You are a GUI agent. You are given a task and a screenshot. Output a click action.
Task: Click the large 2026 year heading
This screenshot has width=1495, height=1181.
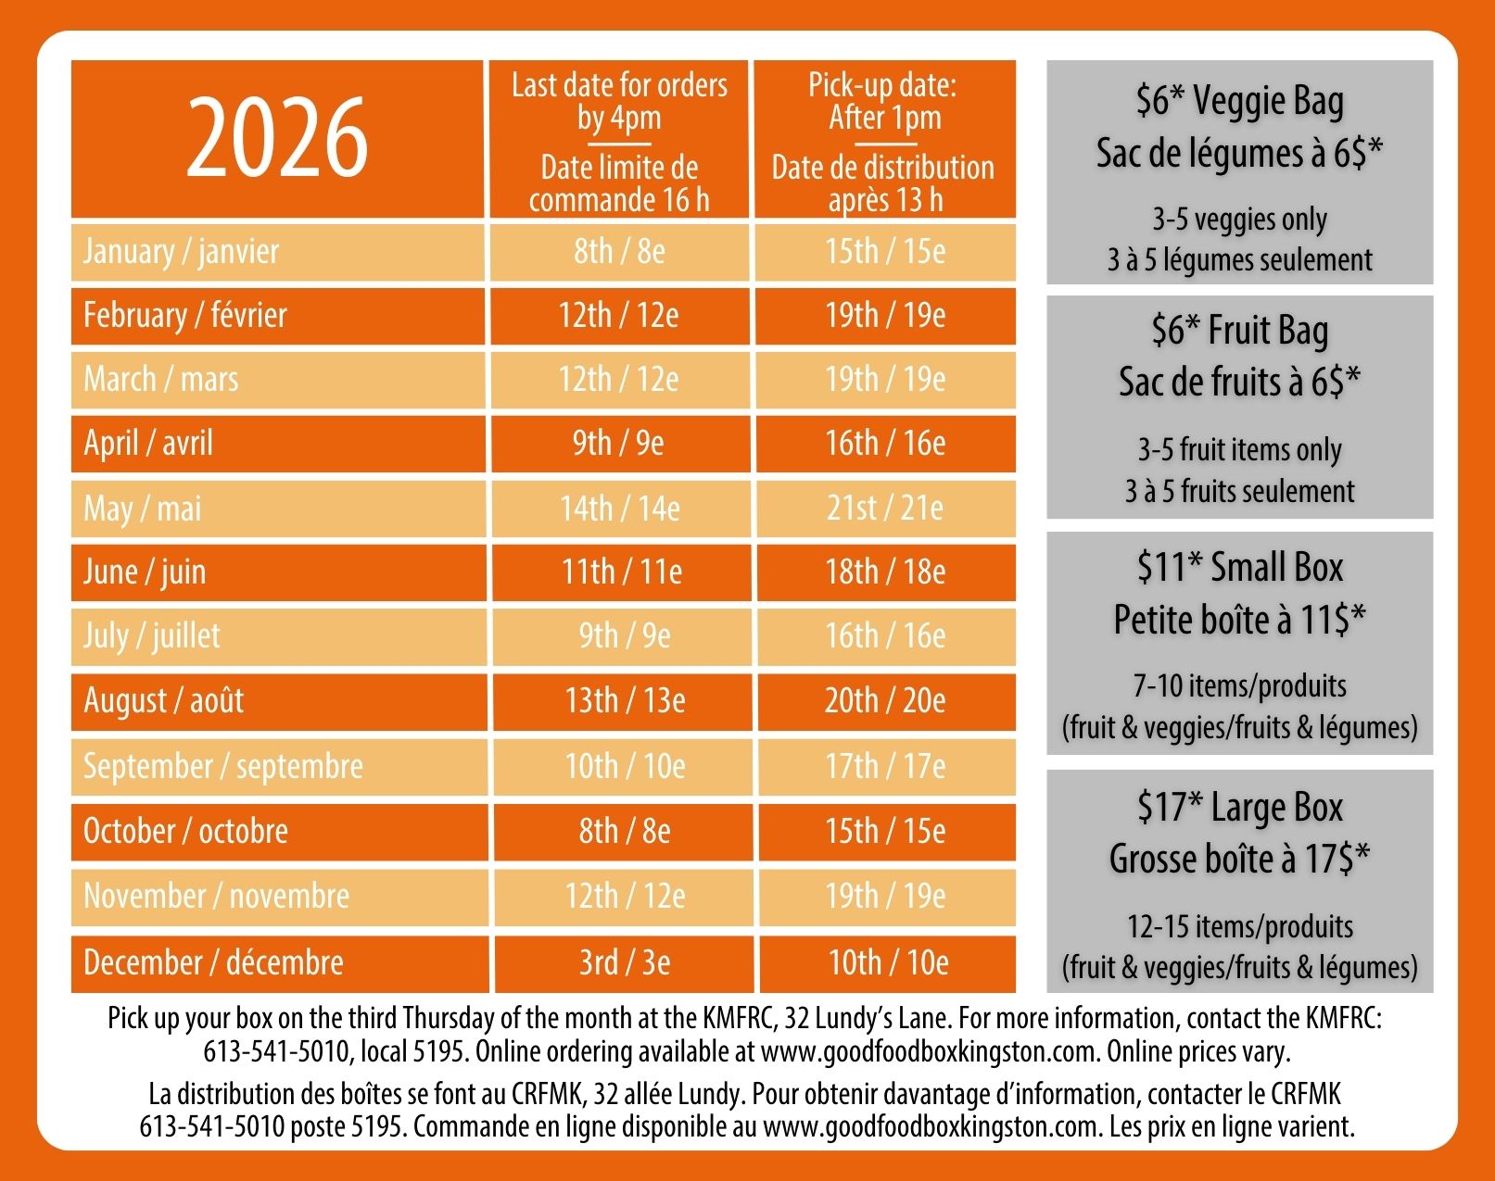click(x=277, y=138)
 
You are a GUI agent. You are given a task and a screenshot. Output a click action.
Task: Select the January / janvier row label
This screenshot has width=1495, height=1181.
click(x=181, y=252)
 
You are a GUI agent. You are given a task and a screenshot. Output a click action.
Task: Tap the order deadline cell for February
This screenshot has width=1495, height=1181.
click(x=618, y=316)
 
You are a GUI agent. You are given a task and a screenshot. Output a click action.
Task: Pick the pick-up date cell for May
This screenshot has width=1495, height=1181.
click(x=885, y=509)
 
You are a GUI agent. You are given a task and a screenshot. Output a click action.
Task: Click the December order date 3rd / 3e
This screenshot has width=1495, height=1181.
click(x=625, y=963)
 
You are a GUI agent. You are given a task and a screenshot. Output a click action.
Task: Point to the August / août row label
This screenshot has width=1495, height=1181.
click(x=164, y=701)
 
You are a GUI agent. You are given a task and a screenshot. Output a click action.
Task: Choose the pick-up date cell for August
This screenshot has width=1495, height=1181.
click(x=885, y=701)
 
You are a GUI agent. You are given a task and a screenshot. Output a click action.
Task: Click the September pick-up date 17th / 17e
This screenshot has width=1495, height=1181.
click(x=885, y=766)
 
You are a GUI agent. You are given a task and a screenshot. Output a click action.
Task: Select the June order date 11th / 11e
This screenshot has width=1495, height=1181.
click(x=622, y=572)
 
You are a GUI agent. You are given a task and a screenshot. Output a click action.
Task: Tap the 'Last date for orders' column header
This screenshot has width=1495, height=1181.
click(x=619, y=101)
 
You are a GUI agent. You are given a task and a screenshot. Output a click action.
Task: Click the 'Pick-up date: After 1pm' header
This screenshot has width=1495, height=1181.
click(x=883, y=101)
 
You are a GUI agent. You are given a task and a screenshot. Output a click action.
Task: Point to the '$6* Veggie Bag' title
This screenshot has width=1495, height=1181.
click(x=1239, y=101)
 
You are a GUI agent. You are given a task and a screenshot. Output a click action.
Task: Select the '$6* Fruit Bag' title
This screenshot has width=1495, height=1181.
click(x=1239, y=331)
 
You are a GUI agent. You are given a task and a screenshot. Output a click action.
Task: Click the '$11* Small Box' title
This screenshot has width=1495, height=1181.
click(x=1239, y=568)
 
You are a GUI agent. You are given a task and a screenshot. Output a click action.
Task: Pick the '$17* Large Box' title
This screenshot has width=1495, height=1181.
click(x=1239, y=808)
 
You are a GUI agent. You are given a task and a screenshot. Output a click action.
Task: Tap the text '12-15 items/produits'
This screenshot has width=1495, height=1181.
click(x=1239, y=926)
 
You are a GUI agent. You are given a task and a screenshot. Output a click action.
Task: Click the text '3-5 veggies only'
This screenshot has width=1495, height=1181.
click(x=1239, y=220)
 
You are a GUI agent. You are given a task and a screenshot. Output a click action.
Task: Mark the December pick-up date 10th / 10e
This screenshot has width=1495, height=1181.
click(x=888, y=963)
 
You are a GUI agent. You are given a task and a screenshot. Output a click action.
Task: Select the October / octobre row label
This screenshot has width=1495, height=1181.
click(x=185, y=831)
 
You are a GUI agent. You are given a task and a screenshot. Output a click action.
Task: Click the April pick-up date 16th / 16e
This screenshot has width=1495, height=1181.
click(x=885, y=444)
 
